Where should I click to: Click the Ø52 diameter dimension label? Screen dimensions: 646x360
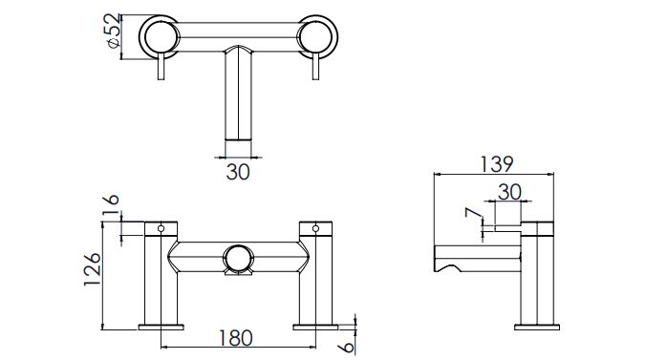point(112,32)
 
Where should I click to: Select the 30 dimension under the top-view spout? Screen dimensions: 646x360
point(238,172)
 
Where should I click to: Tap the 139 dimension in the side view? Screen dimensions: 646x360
point(497,164)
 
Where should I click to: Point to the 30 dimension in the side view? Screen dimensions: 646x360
point(509,192)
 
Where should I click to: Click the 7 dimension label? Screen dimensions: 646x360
point(473,213)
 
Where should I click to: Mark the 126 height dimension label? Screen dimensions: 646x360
point(92,270)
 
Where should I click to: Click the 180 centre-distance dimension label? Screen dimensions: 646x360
point(235,338)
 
